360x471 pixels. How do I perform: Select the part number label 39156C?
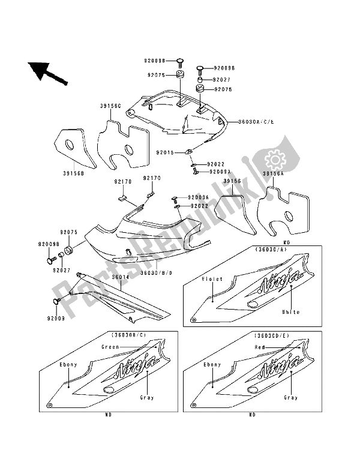110,106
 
